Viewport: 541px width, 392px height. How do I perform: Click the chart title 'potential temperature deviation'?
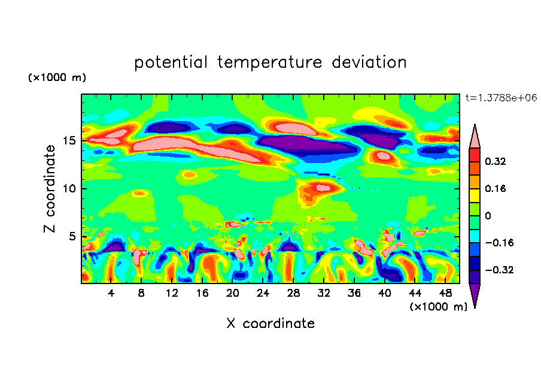coord(270,62)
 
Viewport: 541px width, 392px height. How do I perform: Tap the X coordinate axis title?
coord(270,324)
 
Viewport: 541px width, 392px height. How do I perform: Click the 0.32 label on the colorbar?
coord(496,161)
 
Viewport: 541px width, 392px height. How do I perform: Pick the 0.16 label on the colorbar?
coord(496,188)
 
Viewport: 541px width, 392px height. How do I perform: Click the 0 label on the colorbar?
coord(488,216)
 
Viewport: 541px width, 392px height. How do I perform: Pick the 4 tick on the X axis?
coord(111,293)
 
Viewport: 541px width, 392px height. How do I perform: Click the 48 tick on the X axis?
coord(445,293)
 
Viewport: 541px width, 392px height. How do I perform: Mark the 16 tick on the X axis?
coord(202,293)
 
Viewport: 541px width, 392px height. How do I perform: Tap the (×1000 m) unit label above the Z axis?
coord(57,78)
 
